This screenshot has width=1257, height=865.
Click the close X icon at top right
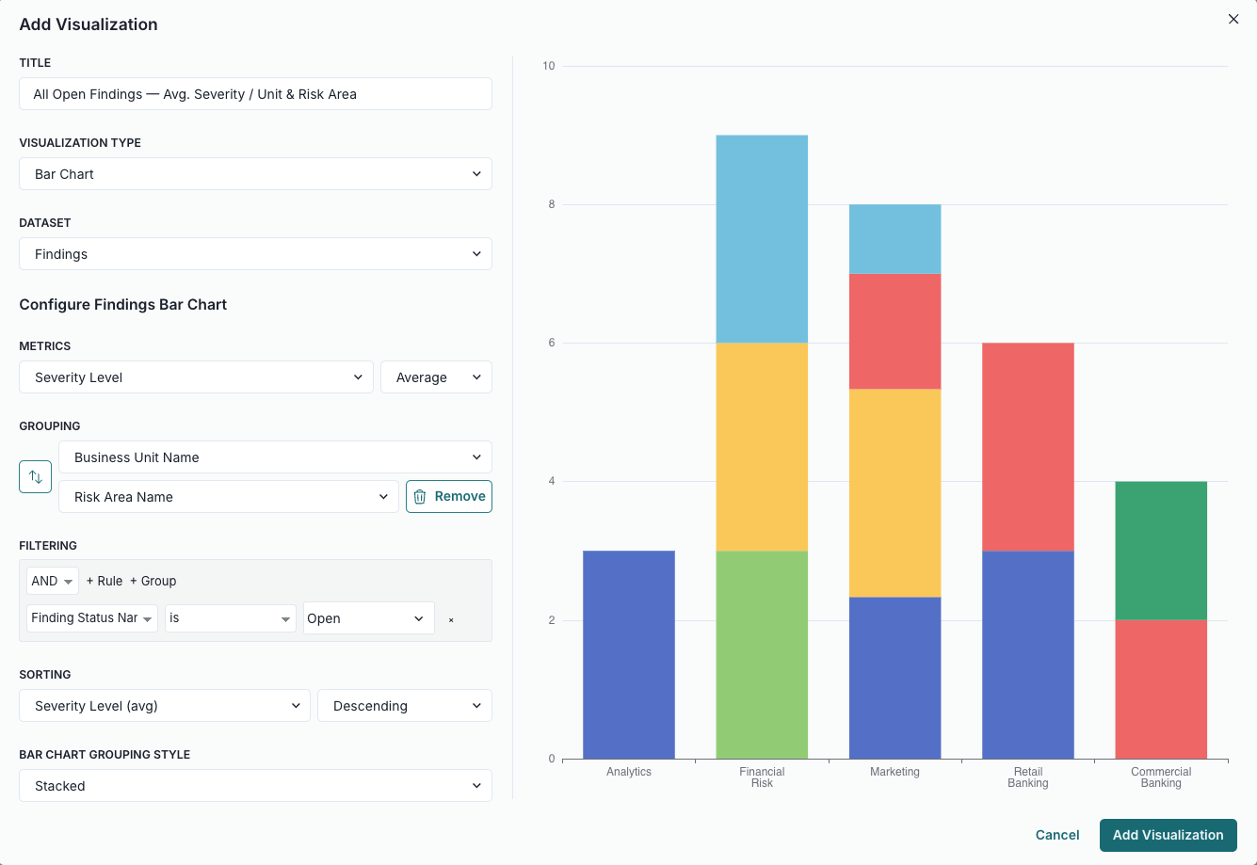click(x=1233, y=19)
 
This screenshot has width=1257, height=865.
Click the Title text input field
click(x=255, y=94)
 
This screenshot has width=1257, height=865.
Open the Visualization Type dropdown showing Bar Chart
click(x=255, y=174)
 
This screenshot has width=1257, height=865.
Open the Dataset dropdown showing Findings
click(x=255, y=254)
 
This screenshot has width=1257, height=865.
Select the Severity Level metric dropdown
click(x=196, y=377)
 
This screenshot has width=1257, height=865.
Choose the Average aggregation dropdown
click(x=436, y=377)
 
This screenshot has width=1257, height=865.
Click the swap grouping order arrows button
click(x=36, y=477)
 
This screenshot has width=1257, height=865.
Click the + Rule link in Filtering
click(x=105, y=581)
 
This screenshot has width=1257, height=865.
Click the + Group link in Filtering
click(x=153, y=581)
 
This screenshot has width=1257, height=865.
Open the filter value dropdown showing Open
click(x=368, y=618)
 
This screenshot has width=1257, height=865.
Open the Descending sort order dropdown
click(x=405, y=706)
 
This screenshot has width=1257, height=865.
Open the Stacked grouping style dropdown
click(x=255, y=786)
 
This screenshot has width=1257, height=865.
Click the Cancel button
click(x=1057, y=835)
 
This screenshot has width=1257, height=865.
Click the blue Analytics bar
click(x=629, y=654)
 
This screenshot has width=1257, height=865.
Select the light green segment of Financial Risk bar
click(x=762, y=654)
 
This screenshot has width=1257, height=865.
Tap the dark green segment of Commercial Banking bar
click(x=1161, y=551)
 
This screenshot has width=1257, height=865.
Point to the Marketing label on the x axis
click(x=894, y=772)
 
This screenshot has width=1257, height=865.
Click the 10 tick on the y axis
click(x=549, y=66)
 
